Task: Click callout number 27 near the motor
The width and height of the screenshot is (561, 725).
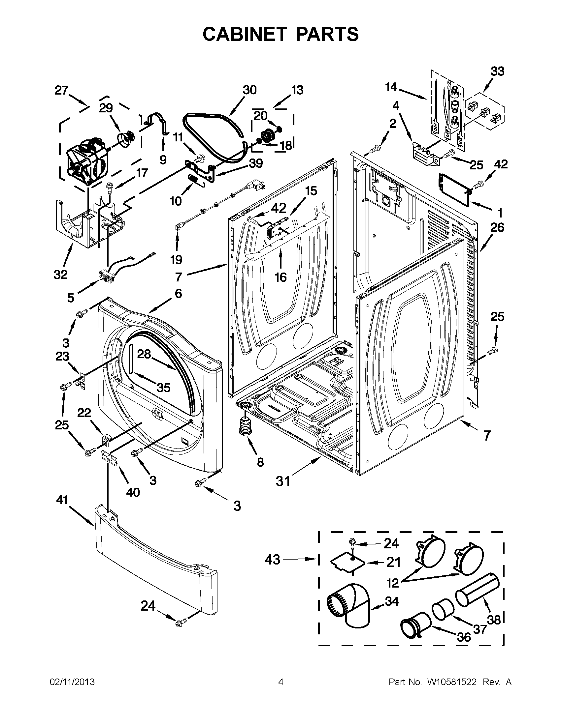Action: coord(61,90)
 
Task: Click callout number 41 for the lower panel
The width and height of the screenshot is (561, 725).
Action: coord(62,509)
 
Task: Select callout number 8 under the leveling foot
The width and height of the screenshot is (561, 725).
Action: coord(260,462)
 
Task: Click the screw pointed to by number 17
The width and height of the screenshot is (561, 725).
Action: coord(110,187)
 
